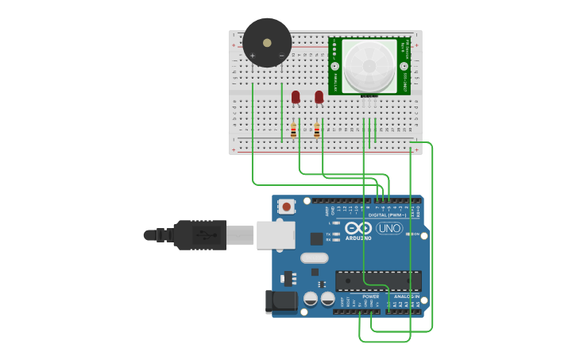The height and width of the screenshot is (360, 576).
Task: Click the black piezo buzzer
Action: coord(267,42)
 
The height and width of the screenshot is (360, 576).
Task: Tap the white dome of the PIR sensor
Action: coord(368,64)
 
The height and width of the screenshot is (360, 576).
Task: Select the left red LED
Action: coord(296,97)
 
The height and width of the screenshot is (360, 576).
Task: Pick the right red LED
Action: coord(319,97)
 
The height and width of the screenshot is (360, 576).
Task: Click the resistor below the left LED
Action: coord(294,130)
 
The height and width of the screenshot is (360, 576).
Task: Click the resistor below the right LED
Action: coord(317,130)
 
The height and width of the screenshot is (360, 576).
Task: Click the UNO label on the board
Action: coord(389,228)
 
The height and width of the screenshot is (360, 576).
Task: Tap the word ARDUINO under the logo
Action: coord(358,238)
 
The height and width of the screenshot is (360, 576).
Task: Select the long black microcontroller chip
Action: coord(378,281)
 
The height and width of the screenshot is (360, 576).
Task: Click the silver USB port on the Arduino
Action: coord(275,235)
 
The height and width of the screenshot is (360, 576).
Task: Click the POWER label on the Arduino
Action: coord(370,296)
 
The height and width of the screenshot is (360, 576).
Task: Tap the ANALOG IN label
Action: coord(407,296)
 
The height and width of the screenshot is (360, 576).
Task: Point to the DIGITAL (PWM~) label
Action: coord(387,215)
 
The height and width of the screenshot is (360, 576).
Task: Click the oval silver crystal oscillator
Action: coord(315,257)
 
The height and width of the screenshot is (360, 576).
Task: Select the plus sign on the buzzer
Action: coord(253,55)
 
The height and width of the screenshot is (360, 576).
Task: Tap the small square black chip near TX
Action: coord(316,238)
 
